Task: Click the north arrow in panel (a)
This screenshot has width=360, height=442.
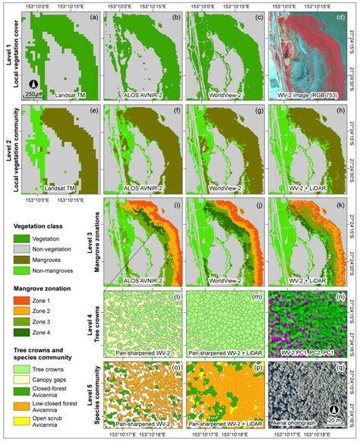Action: pyautogui.click(x=34, y=84)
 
